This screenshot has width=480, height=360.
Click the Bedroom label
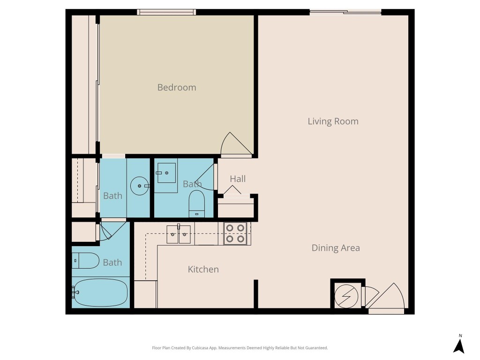coord(177,87)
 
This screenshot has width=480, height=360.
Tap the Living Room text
coord(333,121)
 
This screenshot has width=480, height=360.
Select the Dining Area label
coord(336,248)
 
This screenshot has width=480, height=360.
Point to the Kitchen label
coord(203,269)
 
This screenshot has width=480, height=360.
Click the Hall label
coord(238,179)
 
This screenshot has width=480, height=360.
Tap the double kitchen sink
coord(179,234)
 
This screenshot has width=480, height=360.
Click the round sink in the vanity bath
coord(139,186)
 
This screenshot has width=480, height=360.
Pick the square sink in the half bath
coord(166,172)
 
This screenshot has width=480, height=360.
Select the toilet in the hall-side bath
coord(196,203)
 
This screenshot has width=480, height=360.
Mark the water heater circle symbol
coord(347,296)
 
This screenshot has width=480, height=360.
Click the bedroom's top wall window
coord(166,12)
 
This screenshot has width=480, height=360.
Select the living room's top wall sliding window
coord(345,12)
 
